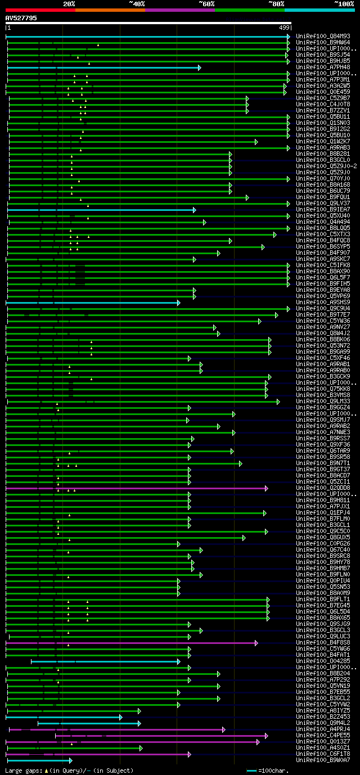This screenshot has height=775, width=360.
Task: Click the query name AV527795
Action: [21, 18]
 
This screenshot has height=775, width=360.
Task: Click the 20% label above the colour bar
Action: [69, 3]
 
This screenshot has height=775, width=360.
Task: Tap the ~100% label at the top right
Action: [344, 3]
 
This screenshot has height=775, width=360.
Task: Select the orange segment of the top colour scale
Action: [110, 10]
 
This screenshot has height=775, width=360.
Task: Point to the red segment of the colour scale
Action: [40, 10]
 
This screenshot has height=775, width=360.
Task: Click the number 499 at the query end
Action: [284, 27]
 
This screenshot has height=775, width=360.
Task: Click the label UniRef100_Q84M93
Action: [322, 36]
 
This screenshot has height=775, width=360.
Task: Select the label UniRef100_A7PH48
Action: [322, 67]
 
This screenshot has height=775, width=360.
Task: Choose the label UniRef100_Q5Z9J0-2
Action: [326, 166]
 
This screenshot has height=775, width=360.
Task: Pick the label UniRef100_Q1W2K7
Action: [322, 141]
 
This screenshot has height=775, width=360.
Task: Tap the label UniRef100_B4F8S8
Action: [322, 642]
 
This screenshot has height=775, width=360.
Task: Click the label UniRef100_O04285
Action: [322, 661]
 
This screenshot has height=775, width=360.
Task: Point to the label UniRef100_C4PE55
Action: [322, 735]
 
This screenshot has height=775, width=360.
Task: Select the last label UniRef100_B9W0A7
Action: [322, 760]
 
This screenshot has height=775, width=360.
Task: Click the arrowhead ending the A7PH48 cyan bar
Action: [199, 67]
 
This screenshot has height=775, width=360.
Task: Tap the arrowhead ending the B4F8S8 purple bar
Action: [256, 643]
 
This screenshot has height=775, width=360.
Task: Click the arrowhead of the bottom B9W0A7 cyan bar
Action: [70, 760]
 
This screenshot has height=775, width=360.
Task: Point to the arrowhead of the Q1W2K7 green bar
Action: [256, 142]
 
